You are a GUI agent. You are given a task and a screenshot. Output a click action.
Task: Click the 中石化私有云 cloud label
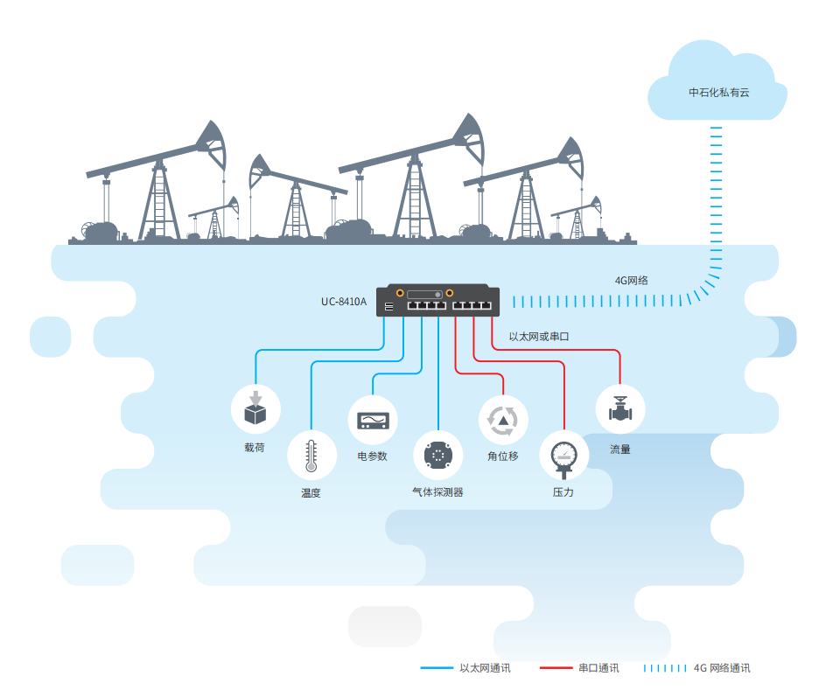click(718, 92)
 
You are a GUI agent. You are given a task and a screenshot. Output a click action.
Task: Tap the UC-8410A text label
click(343, 303)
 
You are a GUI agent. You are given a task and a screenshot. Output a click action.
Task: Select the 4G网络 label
click(631, 281)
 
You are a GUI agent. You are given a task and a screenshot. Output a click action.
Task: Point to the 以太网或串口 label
click(539, 336)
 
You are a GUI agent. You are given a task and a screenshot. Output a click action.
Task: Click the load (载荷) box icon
click(255, 410)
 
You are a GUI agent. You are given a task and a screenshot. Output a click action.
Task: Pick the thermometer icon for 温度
click(311, 455)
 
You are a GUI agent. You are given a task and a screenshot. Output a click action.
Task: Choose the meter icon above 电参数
click(372, 421)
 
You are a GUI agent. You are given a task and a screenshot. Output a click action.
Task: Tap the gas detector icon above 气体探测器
click(437, 455)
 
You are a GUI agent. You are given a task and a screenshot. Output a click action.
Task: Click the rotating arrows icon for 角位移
click(503, 420)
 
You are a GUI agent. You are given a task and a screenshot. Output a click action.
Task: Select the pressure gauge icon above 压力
click(563, 456)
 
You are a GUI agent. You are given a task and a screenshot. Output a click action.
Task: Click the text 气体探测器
click(437, 492)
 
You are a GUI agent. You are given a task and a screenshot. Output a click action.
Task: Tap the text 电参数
click(372, 456)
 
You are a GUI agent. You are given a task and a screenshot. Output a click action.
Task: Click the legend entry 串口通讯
click(598, 668)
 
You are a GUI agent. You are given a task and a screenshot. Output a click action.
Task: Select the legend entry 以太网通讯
click(485, 668)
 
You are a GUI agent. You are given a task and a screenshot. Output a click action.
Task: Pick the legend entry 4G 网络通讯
click(722, 668)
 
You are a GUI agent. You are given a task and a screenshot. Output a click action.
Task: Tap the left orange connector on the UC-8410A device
click(399, 294)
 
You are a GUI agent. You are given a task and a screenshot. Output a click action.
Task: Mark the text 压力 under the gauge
click(563, 493)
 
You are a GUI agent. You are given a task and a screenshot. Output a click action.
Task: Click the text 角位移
click(503, 457)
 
